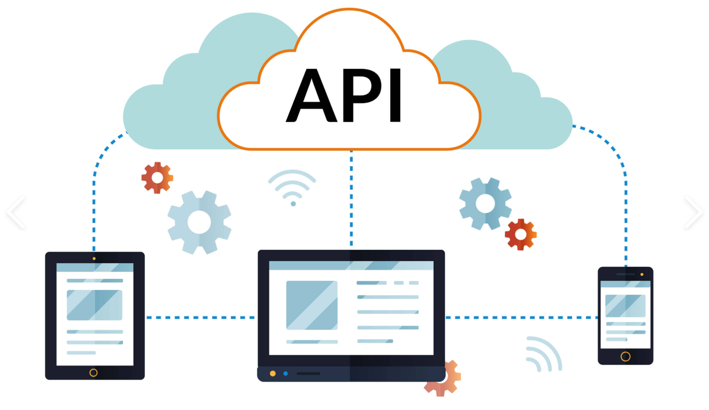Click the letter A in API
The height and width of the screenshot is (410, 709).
click(x=311, y=95)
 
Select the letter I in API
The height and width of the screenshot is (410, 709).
click(x=396, y=95)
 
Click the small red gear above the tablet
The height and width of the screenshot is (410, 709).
click(x=157, y=178)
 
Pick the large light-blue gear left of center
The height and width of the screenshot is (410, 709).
click(x=199, y=222)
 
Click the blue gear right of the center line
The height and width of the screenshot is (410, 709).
click(x=485, y=204)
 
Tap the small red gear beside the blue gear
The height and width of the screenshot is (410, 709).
click(x=521, y=234)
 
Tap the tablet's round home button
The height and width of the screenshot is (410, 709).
click(x=93, y=373)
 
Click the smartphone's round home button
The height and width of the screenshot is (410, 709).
click(x=625, y=356)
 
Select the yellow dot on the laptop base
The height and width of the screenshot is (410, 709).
click(x=272, y=374)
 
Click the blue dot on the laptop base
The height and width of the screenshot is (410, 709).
click(x=285, y=374)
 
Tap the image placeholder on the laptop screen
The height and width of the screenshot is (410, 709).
click(x=312, y=305)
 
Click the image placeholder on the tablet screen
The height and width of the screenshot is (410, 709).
click(x=94, y=305)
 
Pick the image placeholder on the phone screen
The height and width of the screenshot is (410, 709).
click(x=625, y=306)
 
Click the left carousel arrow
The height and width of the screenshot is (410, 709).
click(x=16, y=212)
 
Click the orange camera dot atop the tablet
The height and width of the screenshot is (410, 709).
click(x=94, y=259)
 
